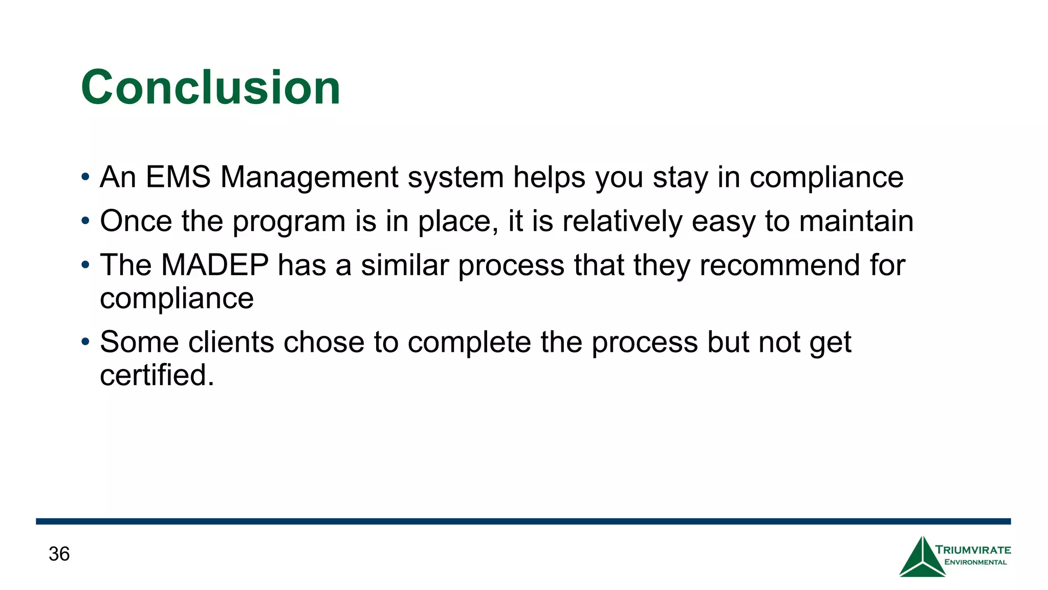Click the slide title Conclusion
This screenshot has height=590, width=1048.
210,88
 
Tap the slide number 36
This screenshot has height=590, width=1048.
59,554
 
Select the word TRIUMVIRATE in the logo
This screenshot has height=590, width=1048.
973,550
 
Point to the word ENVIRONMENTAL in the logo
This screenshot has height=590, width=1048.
975,562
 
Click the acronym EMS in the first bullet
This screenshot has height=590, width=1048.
178,177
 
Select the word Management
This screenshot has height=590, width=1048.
309,177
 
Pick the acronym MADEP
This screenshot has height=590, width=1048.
214,265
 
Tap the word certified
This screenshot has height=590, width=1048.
157,375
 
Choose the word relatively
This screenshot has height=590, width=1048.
622,221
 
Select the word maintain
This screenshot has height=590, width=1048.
856,221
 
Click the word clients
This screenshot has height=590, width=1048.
231,342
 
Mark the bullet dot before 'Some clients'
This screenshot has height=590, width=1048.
85,342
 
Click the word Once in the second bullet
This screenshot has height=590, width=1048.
136,221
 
